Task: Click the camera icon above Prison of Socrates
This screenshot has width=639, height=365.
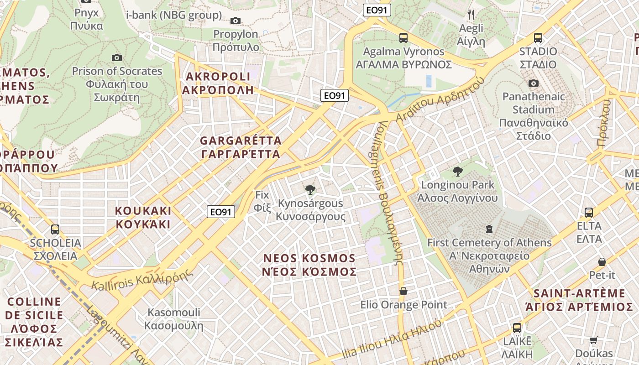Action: (117, 57)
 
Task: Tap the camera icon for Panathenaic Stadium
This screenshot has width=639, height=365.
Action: (533, 83)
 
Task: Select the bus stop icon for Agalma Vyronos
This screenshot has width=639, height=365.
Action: (403, 38)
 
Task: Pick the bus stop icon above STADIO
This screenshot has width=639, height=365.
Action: (538, 38)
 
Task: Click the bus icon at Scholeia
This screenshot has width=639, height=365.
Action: (55, 229)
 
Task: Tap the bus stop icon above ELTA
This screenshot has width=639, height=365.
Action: (589, 212)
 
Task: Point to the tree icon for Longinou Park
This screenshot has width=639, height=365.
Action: (457, 172)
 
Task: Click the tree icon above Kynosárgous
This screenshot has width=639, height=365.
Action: (310, 189)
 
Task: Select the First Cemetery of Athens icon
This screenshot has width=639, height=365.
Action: (489, 229)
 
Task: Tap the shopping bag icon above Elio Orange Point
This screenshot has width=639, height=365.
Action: (403, 291)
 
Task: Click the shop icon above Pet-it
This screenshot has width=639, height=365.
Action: (602, 262)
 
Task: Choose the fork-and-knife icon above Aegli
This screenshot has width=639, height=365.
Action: (471, 15)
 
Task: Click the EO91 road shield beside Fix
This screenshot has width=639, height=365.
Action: (221, 212)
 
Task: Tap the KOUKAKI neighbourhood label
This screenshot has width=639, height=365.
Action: (143, 218)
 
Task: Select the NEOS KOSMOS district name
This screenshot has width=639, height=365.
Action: (309, 265)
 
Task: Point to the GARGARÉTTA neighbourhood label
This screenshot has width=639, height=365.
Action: (241, 147)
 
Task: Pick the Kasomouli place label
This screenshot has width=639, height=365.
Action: (173, 319)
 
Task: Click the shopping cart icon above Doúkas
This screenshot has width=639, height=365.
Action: (593, 340)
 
